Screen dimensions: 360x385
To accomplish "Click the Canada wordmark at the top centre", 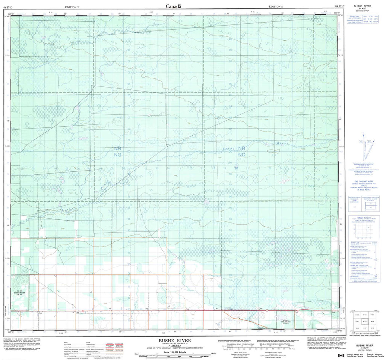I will (x=174, y=6).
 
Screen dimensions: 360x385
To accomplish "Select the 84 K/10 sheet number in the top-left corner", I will (x=7, y=7).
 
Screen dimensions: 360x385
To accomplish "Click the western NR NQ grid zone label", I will (x=118, y=151).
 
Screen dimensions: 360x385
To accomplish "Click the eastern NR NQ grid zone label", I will (x=242, y=151).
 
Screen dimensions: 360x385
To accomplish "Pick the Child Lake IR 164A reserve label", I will (x=286, y=322).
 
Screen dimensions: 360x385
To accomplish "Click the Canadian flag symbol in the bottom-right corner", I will (x=341, y=355).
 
